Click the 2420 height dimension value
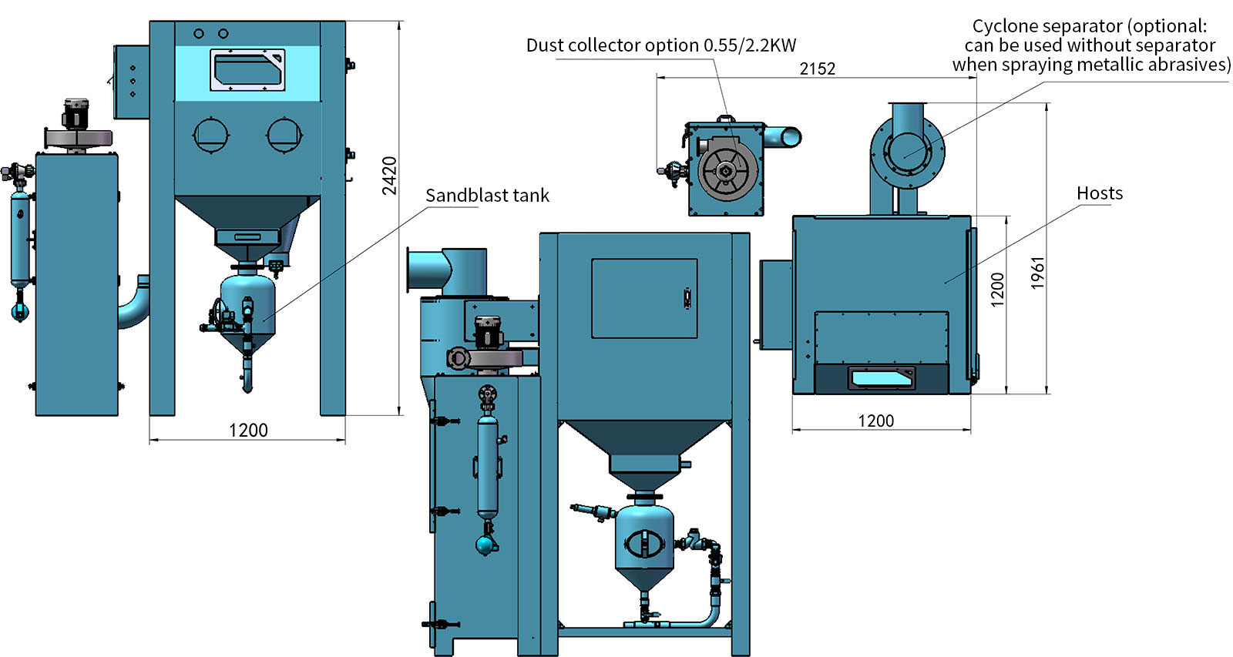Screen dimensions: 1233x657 [389, 176]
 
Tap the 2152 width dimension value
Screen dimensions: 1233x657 [818, 69]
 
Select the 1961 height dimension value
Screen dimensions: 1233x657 [1037, 273]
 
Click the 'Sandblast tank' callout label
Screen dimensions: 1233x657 [487, 196]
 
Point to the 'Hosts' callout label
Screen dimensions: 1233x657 [1099, 193]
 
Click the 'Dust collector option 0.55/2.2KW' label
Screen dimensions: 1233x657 [661, 45]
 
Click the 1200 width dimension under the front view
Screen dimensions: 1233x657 [248, 430]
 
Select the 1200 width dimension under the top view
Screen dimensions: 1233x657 [875, 421]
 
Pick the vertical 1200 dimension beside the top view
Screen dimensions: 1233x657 [997, 290]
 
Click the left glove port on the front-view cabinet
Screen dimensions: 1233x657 [211, 135]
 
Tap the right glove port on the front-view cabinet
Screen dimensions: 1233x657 [284, 135]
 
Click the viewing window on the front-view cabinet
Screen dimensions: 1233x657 [247, 70]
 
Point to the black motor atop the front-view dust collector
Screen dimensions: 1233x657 [75, 115]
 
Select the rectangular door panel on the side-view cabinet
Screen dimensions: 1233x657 [644, 298]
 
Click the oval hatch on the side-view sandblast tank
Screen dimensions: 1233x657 [643, 544]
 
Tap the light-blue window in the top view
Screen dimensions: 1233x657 [881, 379]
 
